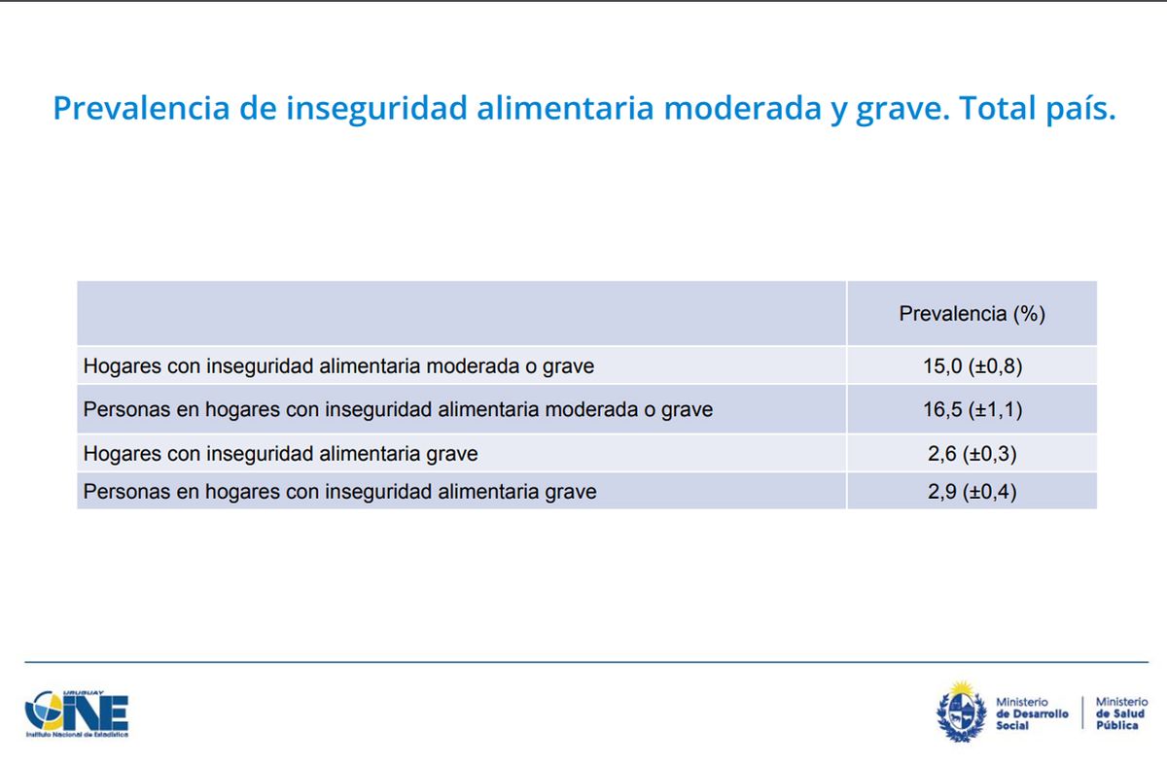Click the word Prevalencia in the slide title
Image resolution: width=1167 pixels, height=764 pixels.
coord(141,108)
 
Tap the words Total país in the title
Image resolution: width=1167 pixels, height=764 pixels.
coord(1037,108)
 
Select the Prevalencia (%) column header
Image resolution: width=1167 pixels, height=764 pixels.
coord(972,314)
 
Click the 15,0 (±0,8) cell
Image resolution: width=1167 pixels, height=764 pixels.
coord(972,366)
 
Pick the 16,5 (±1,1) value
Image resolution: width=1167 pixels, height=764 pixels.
coord(972,409)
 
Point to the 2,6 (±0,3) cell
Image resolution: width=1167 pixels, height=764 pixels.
coord(972,454)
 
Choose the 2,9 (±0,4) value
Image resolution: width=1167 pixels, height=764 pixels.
coord(972,492)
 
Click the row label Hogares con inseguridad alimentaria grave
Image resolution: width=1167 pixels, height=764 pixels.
coord(280,454)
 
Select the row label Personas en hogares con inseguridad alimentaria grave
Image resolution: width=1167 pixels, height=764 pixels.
coord(339,492)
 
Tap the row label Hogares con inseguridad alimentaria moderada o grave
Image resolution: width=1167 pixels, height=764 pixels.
coord(338,366)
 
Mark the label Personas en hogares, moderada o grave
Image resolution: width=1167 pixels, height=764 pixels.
coord(398,409)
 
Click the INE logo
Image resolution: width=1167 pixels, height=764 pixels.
coord(77,713)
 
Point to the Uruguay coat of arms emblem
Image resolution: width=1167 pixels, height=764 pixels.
coord(961,712)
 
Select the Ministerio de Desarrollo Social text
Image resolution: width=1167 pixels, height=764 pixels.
coord(1032,713)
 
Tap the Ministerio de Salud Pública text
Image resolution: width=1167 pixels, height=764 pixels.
coord(1121,713)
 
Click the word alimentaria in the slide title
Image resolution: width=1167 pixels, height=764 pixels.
coord(565,108)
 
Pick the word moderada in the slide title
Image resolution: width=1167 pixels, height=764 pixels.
coord(742,108)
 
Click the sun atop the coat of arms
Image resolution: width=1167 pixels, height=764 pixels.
coord(962,689)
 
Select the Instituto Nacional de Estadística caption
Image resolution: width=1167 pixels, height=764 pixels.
coord(77,735)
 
